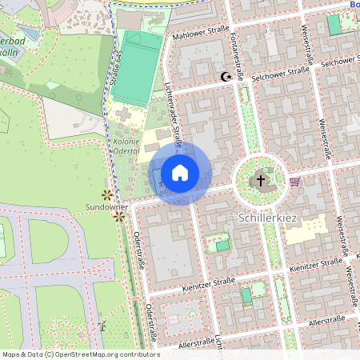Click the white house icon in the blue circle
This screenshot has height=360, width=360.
point(180,173)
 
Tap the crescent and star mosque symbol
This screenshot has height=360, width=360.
point(226,78)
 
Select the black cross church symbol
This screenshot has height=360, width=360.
point(260,182)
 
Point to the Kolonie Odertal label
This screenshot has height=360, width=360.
point(121,146)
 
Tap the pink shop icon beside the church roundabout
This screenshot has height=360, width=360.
point(294,181)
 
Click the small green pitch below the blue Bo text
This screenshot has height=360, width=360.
point(334,26)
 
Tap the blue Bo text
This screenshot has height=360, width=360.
point(354,5)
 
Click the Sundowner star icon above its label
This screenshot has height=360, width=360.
point(106,194)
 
